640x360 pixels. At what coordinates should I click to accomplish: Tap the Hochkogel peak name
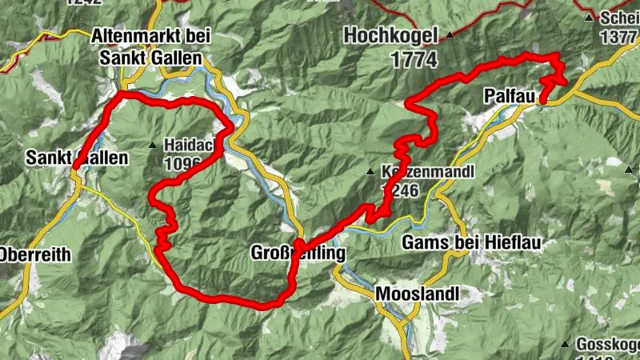pos(393,35)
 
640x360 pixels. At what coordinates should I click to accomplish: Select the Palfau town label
pos(509,96)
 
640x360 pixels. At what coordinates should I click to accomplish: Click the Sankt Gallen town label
pos(76,158)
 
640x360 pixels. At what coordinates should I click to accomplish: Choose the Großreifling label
pos(298,254)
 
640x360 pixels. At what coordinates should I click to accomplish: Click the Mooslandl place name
pos(418,294)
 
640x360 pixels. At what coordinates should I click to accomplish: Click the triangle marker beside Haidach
pos(153,145)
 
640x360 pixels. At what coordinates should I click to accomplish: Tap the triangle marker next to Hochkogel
pos(451,35)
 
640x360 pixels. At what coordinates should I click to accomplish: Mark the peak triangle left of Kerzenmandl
pos(370,172)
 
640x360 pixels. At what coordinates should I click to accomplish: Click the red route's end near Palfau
pos(543,100)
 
